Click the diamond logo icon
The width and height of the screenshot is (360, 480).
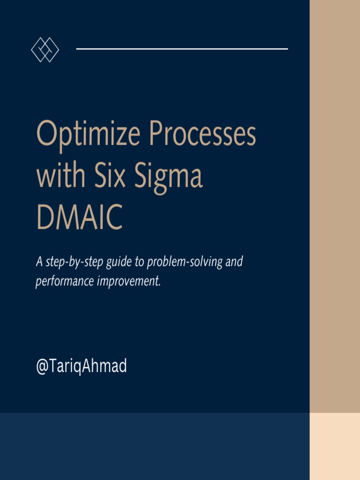(45, 49)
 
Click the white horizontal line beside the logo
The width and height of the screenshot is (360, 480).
(182, 49)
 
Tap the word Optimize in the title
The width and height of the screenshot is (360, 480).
(88, 135)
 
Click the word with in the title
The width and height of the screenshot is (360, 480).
(60, 176)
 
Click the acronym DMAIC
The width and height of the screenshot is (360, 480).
(79, 218)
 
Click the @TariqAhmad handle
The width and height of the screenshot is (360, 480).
(81, 367)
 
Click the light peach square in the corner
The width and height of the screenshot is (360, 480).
(335, 446)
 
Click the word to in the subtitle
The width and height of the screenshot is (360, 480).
(139, 262)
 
